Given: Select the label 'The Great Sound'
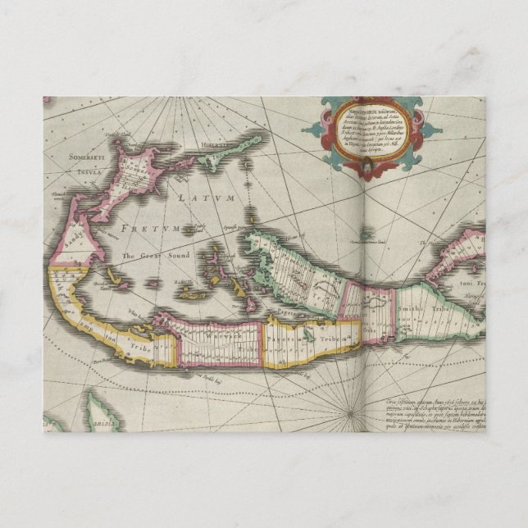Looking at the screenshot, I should (151, 257).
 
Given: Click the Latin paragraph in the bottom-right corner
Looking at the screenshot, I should (435, 413).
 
